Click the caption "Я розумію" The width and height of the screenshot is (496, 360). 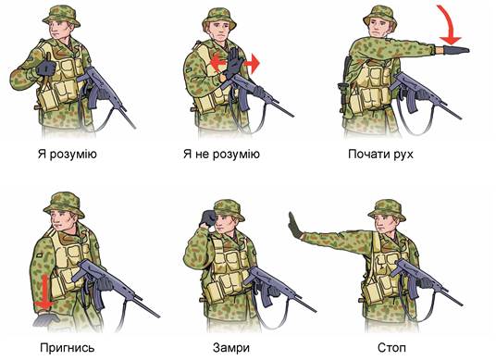[67, 155]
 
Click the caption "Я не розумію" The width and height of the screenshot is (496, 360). [221, 155]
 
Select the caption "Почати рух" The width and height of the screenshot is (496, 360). [380, 155]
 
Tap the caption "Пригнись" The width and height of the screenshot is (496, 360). [67, 348]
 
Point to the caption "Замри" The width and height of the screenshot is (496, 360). [231, 348]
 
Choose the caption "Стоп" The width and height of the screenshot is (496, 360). [391, 348]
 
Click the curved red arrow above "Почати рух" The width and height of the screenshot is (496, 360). [447, 24]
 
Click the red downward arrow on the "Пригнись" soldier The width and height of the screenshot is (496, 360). [45, 292]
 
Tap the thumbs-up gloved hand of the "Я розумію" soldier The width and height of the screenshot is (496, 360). [46, 67]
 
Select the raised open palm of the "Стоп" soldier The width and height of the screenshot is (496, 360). [295, 225]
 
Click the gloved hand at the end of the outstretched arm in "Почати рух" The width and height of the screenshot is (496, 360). [456, 50]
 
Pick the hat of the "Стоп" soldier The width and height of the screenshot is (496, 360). [387, 210]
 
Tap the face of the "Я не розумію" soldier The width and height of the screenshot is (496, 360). [220, 31]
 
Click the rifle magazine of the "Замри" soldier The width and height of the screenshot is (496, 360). [265, 296]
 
